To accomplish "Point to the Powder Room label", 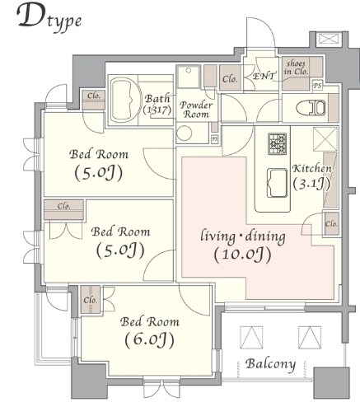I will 196,110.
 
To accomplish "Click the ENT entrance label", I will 264,76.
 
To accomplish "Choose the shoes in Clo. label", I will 296,67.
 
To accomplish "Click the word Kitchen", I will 312,169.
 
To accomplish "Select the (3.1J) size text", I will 312,184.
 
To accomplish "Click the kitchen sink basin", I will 274,177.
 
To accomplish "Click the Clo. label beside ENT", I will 231,80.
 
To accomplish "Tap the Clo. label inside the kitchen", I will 331,224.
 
